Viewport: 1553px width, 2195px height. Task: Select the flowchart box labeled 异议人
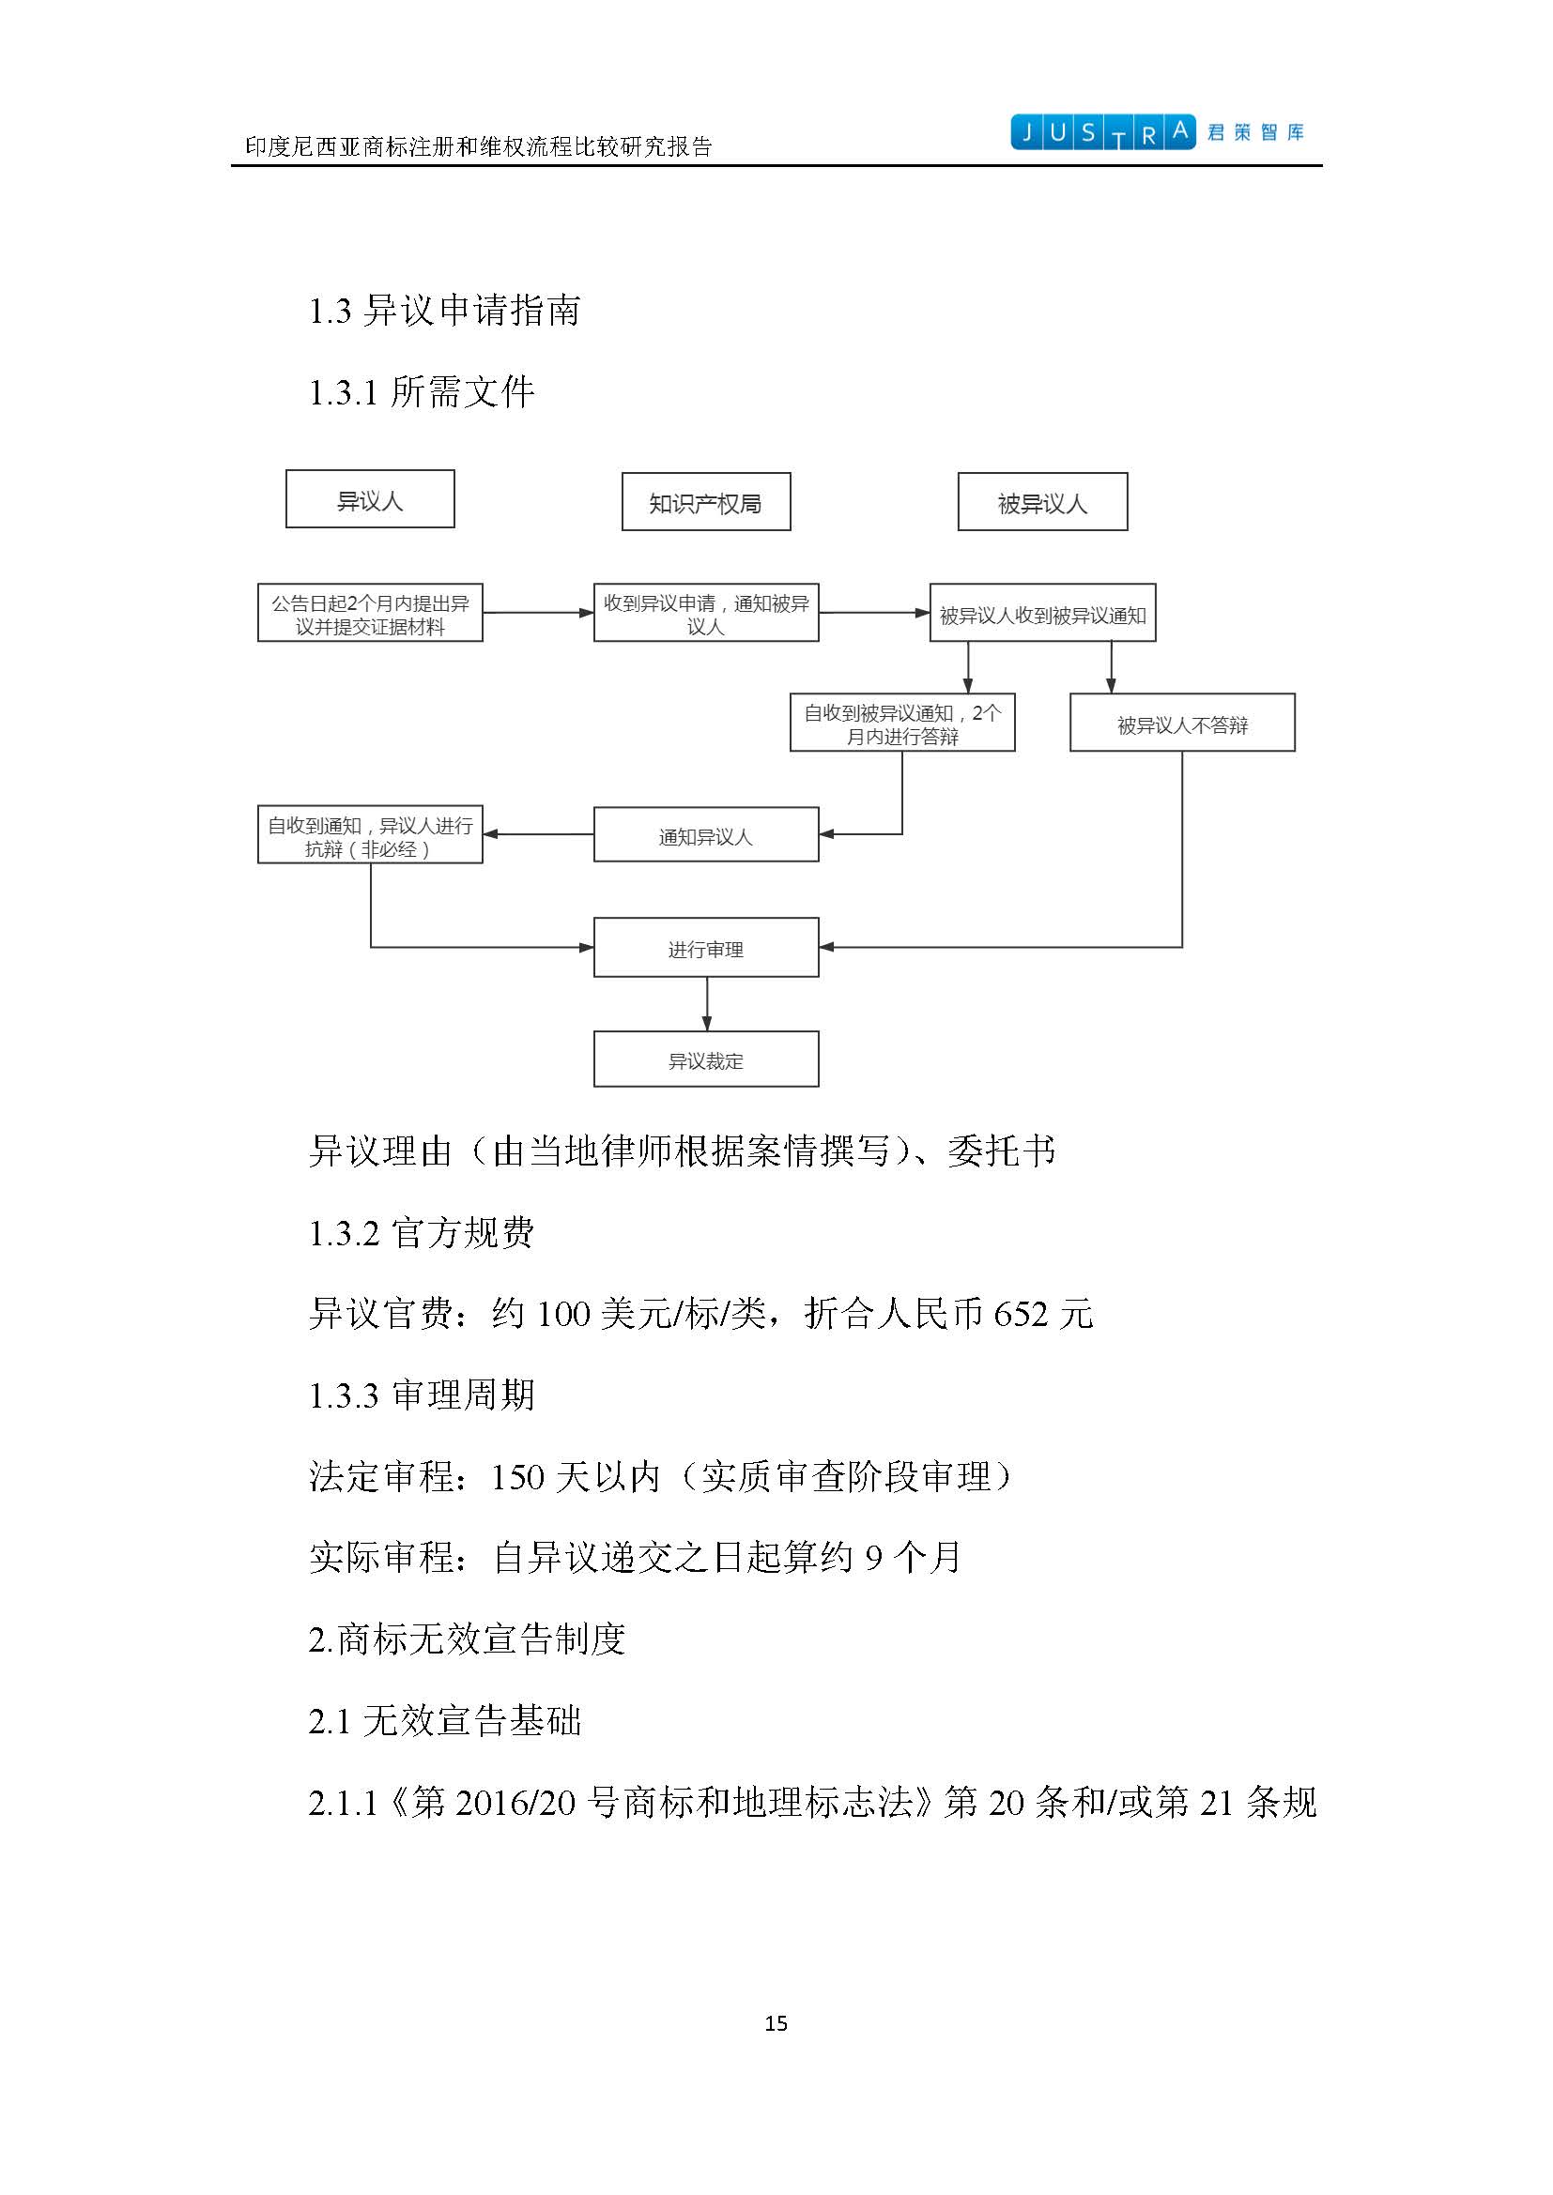(370, 499)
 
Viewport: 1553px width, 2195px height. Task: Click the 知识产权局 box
(706, 502)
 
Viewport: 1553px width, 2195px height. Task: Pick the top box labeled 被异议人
(1042, 502)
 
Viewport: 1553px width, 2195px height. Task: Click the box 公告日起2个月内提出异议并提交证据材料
(370, 613)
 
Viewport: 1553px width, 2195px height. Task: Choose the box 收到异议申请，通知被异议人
(706, 613)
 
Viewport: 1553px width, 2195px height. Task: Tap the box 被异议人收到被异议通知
(1042, 613)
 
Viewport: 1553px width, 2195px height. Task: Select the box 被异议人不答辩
(1182, 723)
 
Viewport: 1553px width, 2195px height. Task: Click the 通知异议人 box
(706, 834)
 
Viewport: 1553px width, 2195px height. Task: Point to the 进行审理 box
(706, 948)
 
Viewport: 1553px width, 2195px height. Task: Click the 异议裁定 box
(706, 1059)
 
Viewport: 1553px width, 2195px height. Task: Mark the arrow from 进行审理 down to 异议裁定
(707, 1004)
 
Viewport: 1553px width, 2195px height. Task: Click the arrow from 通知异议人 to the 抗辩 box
(538, 834)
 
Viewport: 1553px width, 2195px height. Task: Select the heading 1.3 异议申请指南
(444, 311)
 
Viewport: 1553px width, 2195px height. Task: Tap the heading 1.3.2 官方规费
(421, 1232)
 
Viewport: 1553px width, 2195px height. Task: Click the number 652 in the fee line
(1021, 1314)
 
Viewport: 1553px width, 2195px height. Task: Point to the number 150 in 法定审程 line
(517, 1477)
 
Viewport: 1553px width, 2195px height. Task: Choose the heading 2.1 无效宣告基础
(445, 1721)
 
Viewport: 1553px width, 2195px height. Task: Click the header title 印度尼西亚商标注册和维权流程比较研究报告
(478, 146)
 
